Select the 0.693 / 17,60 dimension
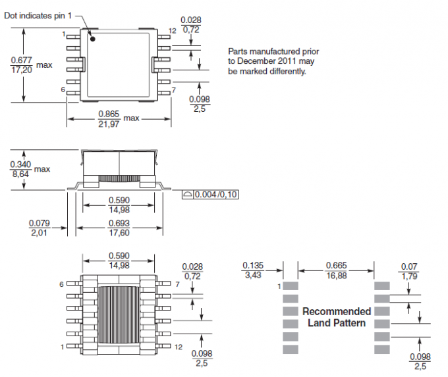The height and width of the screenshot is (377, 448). pos(119,228)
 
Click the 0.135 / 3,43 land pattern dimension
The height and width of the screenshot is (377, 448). pos(253,270)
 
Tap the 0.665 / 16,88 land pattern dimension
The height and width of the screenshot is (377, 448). pos(336,270)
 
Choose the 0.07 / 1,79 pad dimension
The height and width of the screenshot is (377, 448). pos(408,270)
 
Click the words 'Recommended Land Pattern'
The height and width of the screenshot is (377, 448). pos(336,317)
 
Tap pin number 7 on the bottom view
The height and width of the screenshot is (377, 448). pos(177,284)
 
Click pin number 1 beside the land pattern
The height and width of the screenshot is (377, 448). pos(279,286)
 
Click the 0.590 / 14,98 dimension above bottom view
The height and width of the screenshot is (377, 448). pos(119,261)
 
